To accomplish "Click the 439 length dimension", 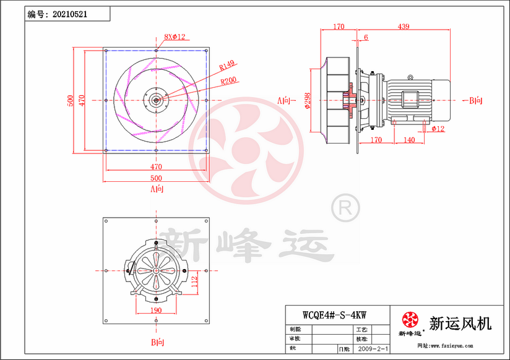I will coord(403,27).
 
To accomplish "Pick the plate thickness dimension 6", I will coord(366,38).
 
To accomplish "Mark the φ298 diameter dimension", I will coord(308,100).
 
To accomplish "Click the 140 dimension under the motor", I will coord(408,140).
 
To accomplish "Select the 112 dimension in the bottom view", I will coord(193,282).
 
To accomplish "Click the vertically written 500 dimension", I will coord(71,100).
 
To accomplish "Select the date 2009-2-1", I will coord(374,349).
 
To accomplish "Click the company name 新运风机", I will coord(460,322).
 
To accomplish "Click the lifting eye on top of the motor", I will coord(409,77).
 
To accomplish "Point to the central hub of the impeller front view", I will coord(155,100).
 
